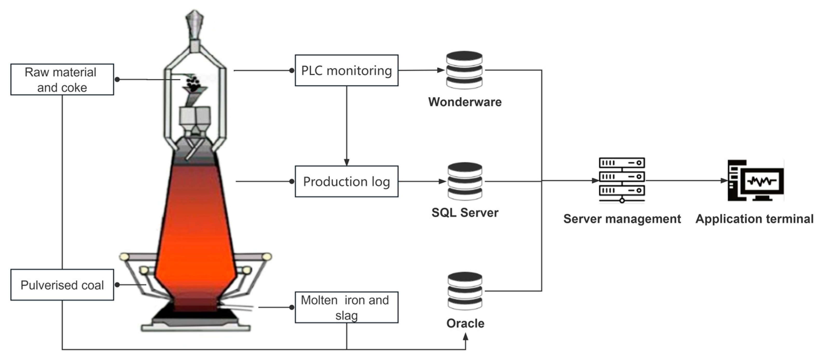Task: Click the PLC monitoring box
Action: pos(346,70)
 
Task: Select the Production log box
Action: pos(346,182)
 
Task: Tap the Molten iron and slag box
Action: pos(346,307)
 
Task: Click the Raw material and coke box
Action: pos(62,79)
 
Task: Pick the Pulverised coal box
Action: pos(62,285)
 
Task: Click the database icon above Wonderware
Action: pos(464,70)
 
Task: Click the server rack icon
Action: pos(622,180)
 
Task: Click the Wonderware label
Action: pos(465,102)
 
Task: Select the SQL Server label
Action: pos(465,212)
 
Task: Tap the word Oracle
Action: pos(465,323)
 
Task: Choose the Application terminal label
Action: pos(754,219)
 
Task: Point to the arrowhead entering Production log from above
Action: pos(346,162)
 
